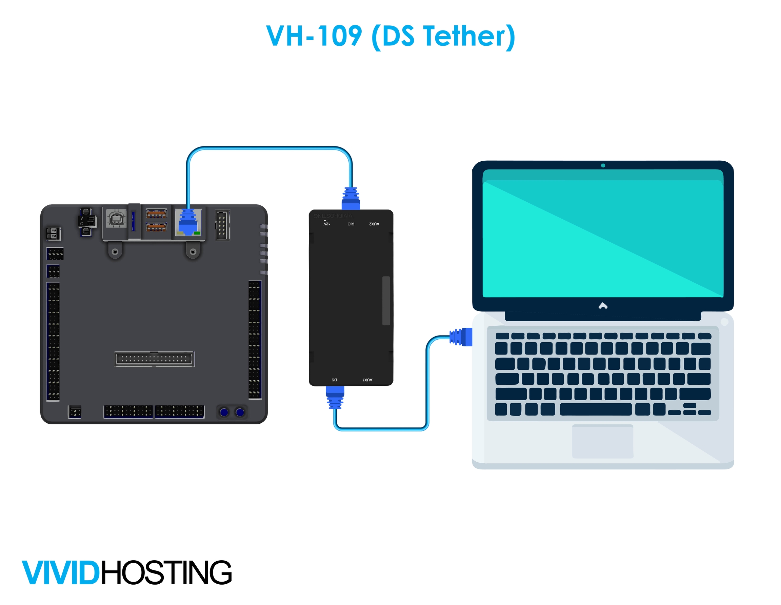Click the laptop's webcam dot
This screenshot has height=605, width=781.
[603, 165]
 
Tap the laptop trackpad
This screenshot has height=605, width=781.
[603, 441]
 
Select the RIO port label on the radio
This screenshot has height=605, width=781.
[351, 224]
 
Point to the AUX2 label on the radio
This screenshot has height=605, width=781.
[374, 224]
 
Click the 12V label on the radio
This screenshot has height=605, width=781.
[326, 223]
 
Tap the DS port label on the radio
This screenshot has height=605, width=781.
[334, 380]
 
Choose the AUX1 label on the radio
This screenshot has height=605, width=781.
[367, 380]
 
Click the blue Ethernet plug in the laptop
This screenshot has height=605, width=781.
[462, 337]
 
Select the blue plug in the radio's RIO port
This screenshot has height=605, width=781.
[351, 199]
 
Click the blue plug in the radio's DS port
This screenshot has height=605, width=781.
[335, 397]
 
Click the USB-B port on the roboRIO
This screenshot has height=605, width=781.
[116, 218]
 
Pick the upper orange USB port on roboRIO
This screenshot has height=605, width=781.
[156, 214]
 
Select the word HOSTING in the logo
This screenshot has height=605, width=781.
[167, 573]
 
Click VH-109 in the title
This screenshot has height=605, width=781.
[314, 36]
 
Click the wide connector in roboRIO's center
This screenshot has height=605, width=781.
[154, 359]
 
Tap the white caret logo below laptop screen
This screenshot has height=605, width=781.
[603, 306]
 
